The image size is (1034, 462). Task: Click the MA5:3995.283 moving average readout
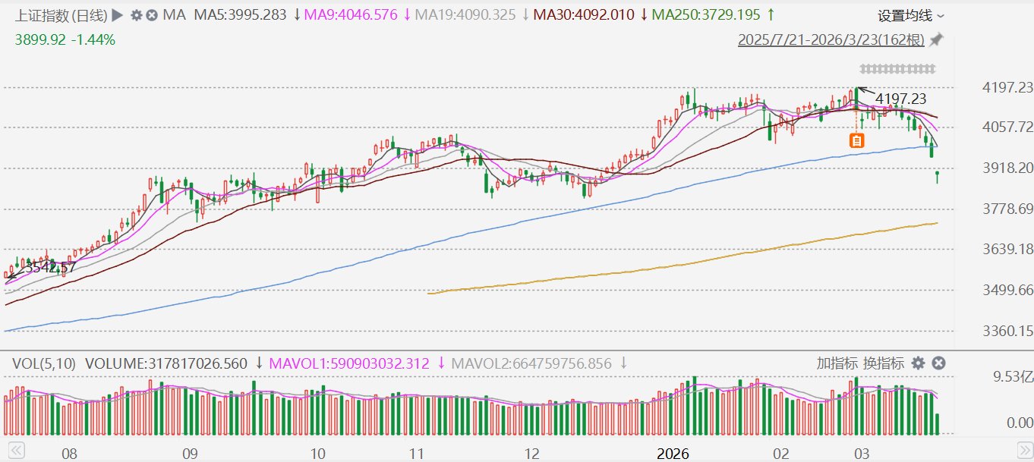click(240, 14)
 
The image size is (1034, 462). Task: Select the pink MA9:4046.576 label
click(351, 14)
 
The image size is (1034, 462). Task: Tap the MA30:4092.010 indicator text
click(584, 14)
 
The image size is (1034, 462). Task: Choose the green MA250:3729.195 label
click(706, 14)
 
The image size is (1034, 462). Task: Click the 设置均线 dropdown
click(910, 16)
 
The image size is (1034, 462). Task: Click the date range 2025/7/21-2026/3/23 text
click(831, 40)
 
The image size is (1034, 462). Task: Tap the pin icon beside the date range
click(935, 40)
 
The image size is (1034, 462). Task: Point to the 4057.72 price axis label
click(1007, 127)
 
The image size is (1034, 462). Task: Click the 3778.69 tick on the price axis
click(1007, 209)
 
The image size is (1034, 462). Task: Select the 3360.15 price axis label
click(1007, 331)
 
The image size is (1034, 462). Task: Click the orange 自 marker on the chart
click(857, 140)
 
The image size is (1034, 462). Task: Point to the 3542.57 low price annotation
click(50, 267)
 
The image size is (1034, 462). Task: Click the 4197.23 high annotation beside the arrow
click(900, 99)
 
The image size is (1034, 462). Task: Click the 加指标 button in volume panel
click(837, 363)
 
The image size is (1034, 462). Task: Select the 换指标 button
click(883, 363)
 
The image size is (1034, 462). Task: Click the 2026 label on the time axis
click(673, 454)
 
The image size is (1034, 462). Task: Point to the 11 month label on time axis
click(416, 454)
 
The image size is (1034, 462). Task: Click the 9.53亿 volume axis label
click(1013, 377)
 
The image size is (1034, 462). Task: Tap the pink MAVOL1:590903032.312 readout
click(349, 364)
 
